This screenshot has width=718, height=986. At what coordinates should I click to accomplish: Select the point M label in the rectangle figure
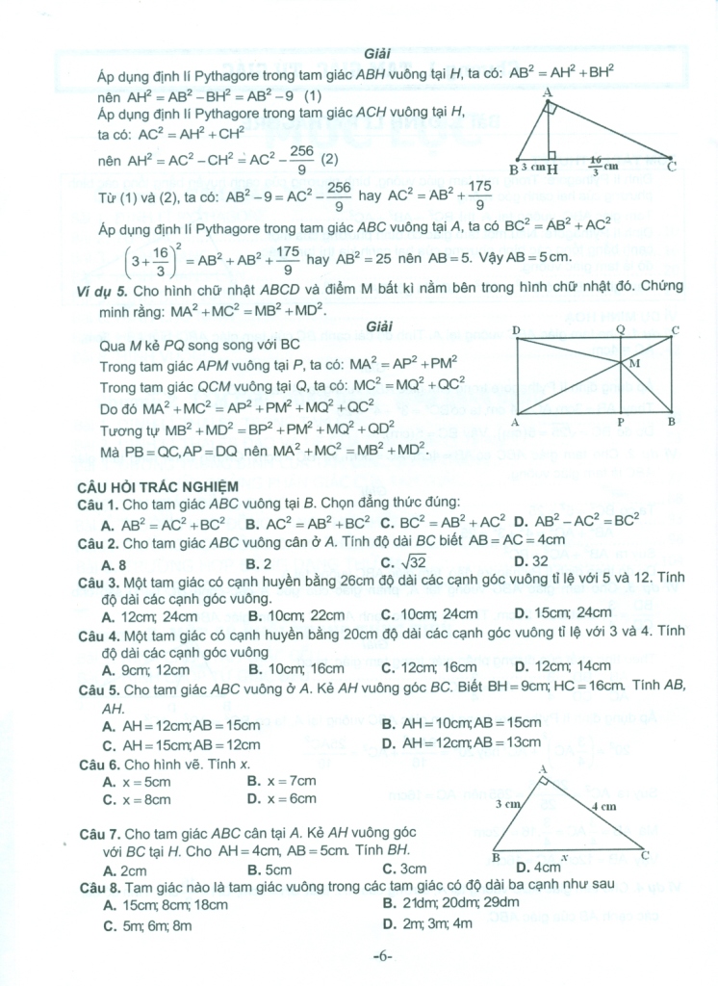pyautogui.click(x=633, y=364)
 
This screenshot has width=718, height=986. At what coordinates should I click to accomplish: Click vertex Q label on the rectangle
pyautogui.click(x=620, y=329)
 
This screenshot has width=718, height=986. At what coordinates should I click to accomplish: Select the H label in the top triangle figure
pyautogui.click(x=553, y=169)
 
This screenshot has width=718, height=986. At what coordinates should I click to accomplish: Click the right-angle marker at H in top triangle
pyautogui.click(x=551, y=154)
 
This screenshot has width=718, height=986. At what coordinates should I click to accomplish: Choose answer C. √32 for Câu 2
pyautogui.click(x=403, y=562)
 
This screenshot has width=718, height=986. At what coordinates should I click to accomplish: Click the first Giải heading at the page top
pyautogui.click(x=377, y=53)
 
